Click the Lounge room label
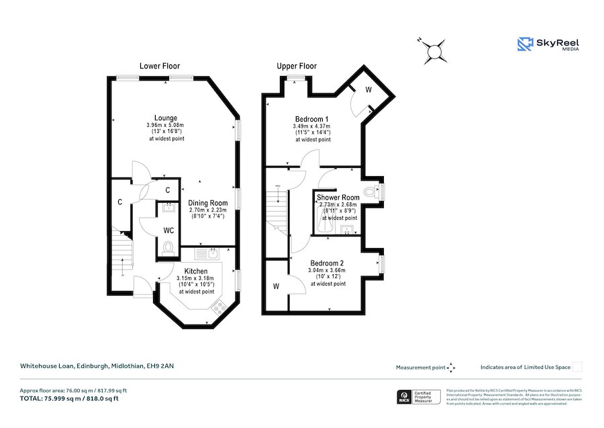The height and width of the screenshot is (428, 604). coord(165,118)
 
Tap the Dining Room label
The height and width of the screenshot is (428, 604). coord(207,203)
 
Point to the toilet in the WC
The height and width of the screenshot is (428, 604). coord(168,248)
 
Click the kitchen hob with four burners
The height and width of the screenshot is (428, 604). coord(218,308)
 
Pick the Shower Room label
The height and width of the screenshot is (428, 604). coord(339,198)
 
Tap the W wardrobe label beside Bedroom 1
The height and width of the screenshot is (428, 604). coord(368,90)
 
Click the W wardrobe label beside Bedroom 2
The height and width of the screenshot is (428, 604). coord(276,286)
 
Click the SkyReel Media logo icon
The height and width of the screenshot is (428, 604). coord(524,44)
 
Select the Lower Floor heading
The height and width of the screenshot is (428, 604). coord(159,66)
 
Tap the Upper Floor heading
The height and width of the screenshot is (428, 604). coord(297,66)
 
